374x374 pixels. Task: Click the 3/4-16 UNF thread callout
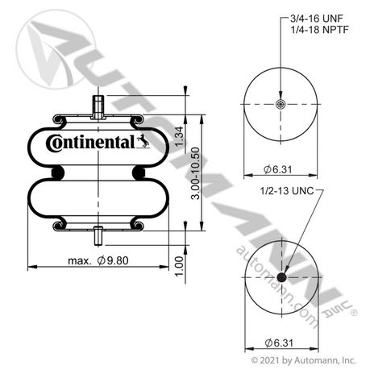317,19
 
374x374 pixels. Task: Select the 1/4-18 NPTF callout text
319,30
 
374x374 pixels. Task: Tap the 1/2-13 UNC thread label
287,191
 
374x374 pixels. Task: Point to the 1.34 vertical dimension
180,136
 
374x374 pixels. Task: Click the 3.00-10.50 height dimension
196,173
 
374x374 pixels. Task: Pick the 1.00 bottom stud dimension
179,266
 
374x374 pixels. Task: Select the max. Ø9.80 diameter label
98,260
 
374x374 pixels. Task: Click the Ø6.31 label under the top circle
277,169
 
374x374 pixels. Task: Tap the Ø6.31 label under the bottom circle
279,343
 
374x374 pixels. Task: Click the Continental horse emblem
143,141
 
